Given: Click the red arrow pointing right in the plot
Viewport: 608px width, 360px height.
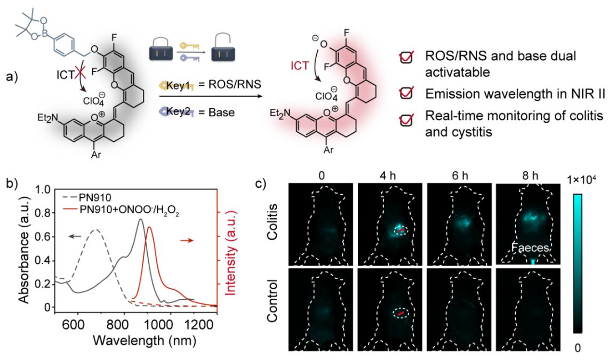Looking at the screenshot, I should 190,241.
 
